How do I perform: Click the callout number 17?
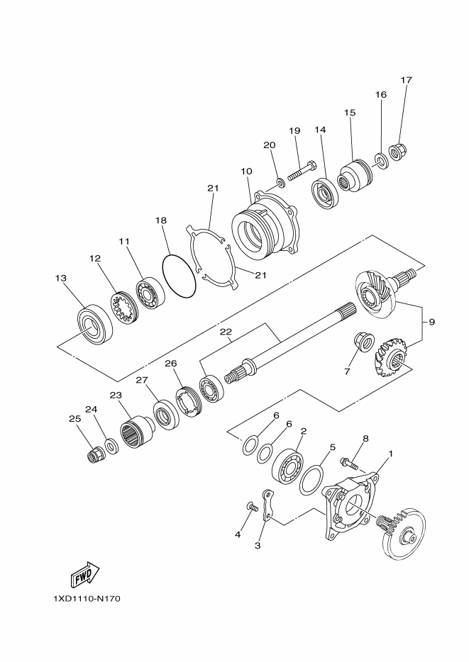(x=406, y=80)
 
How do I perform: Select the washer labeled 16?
(x=382, y=163)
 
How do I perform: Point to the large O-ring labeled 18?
(x=179, y=276)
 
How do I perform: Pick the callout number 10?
(x=246, y=171)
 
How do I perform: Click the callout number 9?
(x=431, y=322)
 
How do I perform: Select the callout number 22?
(x=226, y=332)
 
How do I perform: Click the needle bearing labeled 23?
(x=135, y=432)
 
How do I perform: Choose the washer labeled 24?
(x=111, y=446)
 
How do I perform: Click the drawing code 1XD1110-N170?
(x=87, y=599)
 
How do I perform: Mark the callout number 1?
(x=390, y=452)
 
